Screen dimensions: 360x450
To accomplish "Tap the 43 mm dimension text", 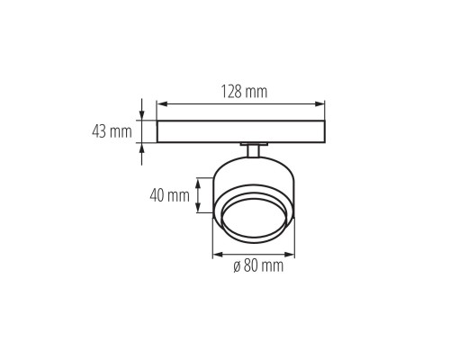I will pyautogui.click(x=113, y=131).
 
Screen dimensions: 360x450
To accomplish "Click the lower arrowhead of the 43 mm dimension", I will pyautogui.click(x=142, y=146).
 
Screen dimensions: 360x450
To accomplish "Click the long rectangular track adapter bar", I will pyautogui.click(x=241, y=131).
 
